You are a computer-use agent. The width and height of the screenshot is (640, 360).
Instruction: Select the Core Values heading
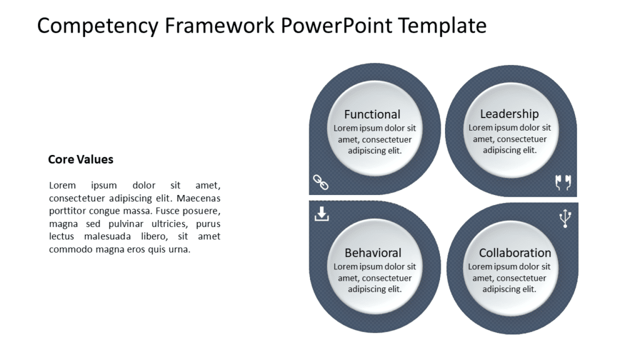tap(81, 159)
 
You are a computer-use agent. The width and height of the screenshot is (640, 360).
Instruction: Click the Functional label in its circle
tap(372, 114)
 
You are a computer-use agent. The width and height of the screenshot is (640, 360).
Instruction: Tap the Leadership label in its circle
tap(509, 114)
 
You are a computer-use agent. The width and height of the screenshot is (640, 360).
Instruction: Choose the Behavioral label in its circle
tap(373, 253)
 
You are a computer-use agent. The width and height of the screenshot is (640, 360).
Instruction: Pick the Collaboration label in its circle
tap(515, 253)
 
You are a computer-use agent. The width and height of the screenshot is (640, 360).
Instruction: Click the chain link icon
tap(321, 183)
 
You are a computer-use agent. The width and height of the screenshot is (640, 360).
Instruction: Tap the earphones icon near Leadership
tap(563, 182)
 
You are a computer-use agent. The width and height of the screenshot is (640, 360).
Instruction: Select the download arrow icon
tap(321, 214)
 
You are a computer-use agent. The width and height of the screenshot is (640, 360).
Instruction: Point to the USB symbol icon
tap(565, 218)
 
